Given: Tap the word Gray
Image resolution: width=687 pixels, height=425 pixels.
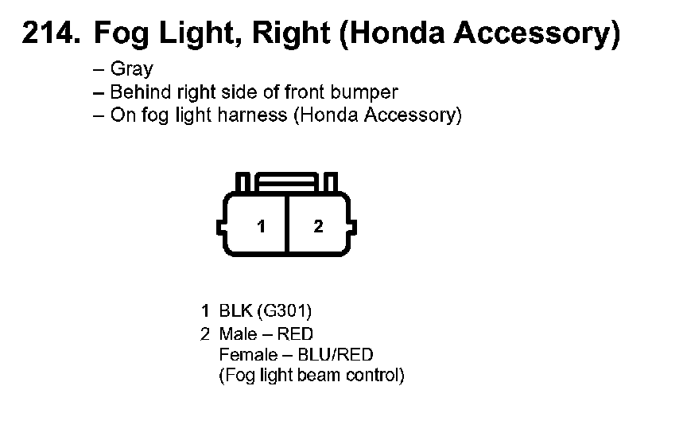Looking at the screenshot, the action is tap(132, 69).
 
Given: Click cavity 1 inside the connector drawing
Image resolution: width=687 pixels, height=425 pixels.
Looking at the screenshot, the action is tap(261, 227).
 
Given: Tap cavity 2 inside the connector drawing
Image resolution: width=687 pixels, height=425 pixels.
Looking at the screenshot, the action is tap(318, 227).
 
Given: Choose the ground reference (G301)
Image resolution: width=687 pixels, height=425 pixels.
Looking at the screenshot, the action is tap(278, 310).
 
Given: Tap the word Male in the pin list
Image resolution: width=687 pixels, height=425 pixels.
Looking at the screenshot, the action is tap(236, 333).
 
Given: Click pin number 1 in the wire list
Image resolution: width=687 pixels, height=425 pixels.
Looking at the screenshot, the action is tap(205, 310).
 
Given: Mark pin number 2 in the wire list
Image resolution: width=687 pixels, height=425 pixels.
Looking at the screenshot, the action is tap(205, 333).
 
